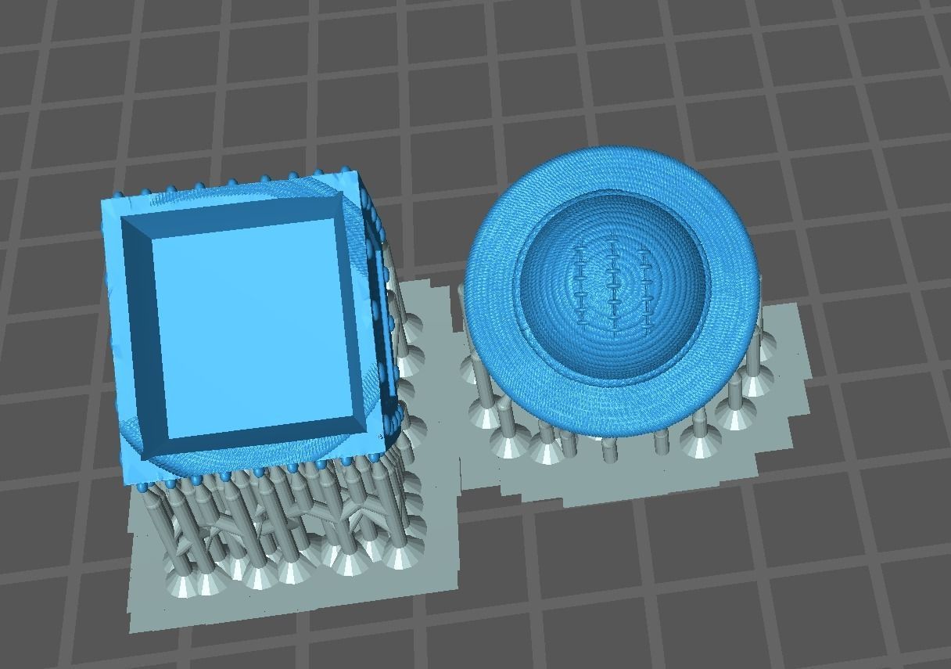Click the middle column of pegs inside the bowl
click(612, 286)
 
